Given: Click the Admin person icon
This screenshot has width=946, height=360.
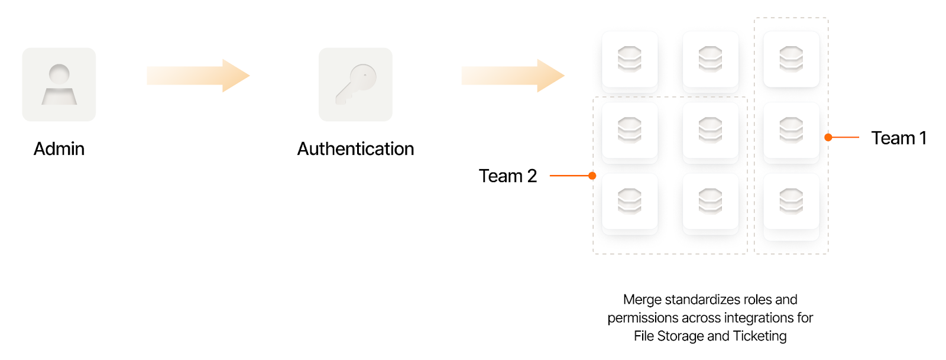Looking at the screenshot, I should click(x=59, y=85).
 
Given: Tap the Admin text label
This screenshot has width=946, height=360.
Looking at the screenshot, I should click(x=59, y=149).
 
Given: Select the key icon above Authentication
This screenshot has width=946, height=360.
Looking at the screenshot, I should click(x=355, y=85).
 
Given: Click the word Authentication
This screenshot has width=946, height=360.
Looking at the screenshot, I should click(x=355, y=149).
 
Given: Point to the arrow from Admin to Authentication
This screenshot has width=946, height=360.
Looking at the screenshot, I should click(x=198, y=76).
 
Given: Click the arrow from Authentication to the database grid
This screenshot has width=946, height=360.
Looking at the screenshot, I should click(x=513, y=76).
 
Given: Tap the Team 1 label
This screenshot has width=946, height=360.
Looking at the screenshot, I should click(x=898, y=138).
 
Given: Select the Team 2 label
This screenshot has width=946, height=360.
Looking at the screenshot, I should click(x=507, y=176).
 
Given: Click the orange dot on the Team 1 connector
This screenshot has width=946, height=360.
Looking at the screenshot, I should click(x=828, y=137).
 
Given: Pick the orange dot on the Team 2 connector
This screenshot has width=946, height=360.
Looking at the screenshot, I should click(x=592, y=176).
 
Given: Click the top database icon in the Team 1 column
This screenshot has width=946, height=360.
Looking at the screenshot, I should click(x=791, y=59).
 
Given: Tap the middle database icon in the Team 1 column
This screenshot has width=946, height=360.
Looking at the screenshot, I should click(x=791, y=130).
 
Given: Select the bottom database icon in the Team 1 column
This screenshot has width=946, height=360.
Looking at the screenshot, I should click(x=791, y=201).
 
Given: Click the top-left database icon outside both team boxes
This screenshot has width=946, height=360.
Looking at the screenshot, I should click(x=630, y=59).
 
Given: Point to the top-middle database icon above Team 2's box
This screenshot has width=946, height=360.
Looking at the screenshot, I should click(x=710, y=59).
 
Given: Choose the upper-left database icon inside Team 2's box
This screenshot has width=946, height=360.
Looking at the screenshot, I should click(x=630, y=130).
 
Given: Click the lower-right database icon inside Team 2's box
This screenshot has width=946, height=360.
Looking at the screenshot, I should click(x=710, y=201).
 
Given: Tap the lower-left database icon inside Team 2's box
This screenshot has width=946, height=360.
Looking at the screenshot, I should click(x=630, y=201).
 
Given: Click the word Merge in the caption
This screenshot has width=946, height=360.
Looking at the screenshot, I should click(x=642, y=300).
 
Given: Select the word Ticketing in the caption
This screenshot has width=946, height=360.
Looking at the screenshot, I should click(x=759, y=336).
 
